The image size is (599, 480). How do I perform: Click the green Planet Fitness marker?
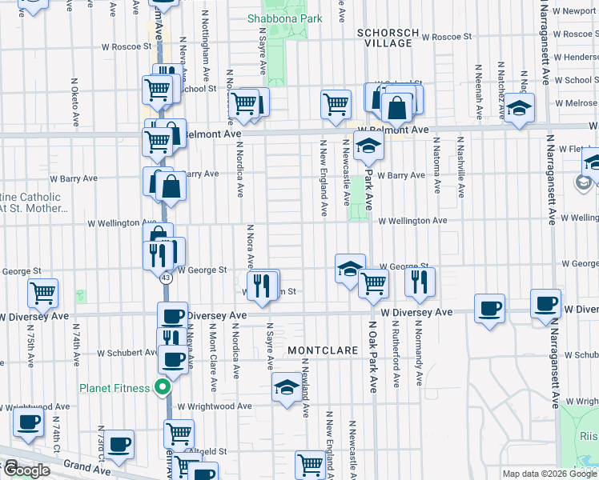coord(162,389)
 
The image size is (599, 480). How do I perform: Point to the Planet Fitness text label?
coord(114,389)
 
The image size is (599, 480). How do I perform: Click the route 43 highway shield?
coord(165,278)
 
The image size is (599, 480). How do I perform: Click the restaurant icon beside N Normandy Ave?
coord(419,280)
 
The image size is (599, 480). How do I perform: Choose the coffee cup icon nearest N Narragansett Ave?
coord(545,304)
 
